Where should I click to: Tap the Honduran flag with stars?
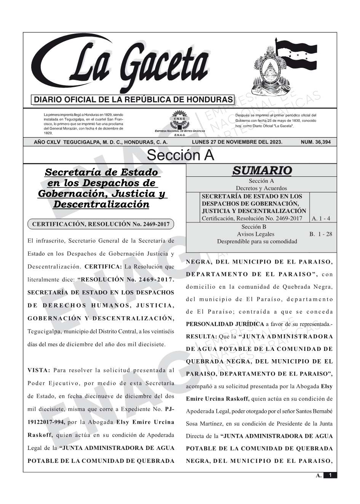click(x=299, y=55)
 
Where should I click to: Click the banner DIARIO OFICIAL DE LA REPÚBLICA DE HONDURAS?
click(x=133, y=100)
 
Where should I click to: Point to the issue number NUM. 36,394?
click(x=316, y=142)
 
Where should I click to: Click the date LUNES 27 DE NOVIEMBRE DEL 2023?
click(x=237, y=142)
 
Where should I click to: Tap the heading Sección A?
click(x=180, y=155)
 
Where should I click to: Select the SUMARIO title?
click(x=262, y=171)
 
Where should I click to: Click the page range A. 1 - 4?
click(x=321, y=219)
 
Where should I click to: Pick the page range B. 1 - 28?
click(x=321, y=234)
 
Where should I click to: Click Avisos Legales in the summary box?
click(x=255, y=234)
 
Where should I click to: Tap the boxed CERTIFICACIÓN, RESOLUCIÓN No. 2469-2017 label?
click(x=101, y=224)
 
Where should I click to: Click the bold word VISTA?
click(x=39, y=370)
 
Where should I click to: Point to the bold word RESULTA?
click(x=202, y=337)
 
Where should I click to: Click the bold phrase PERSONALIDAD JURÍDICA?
click(x=225, y=324)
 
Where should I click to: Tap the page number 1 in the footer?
click(x=330, y=475)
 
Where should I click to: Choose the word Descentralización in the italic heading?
click(x=101, y=204)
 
